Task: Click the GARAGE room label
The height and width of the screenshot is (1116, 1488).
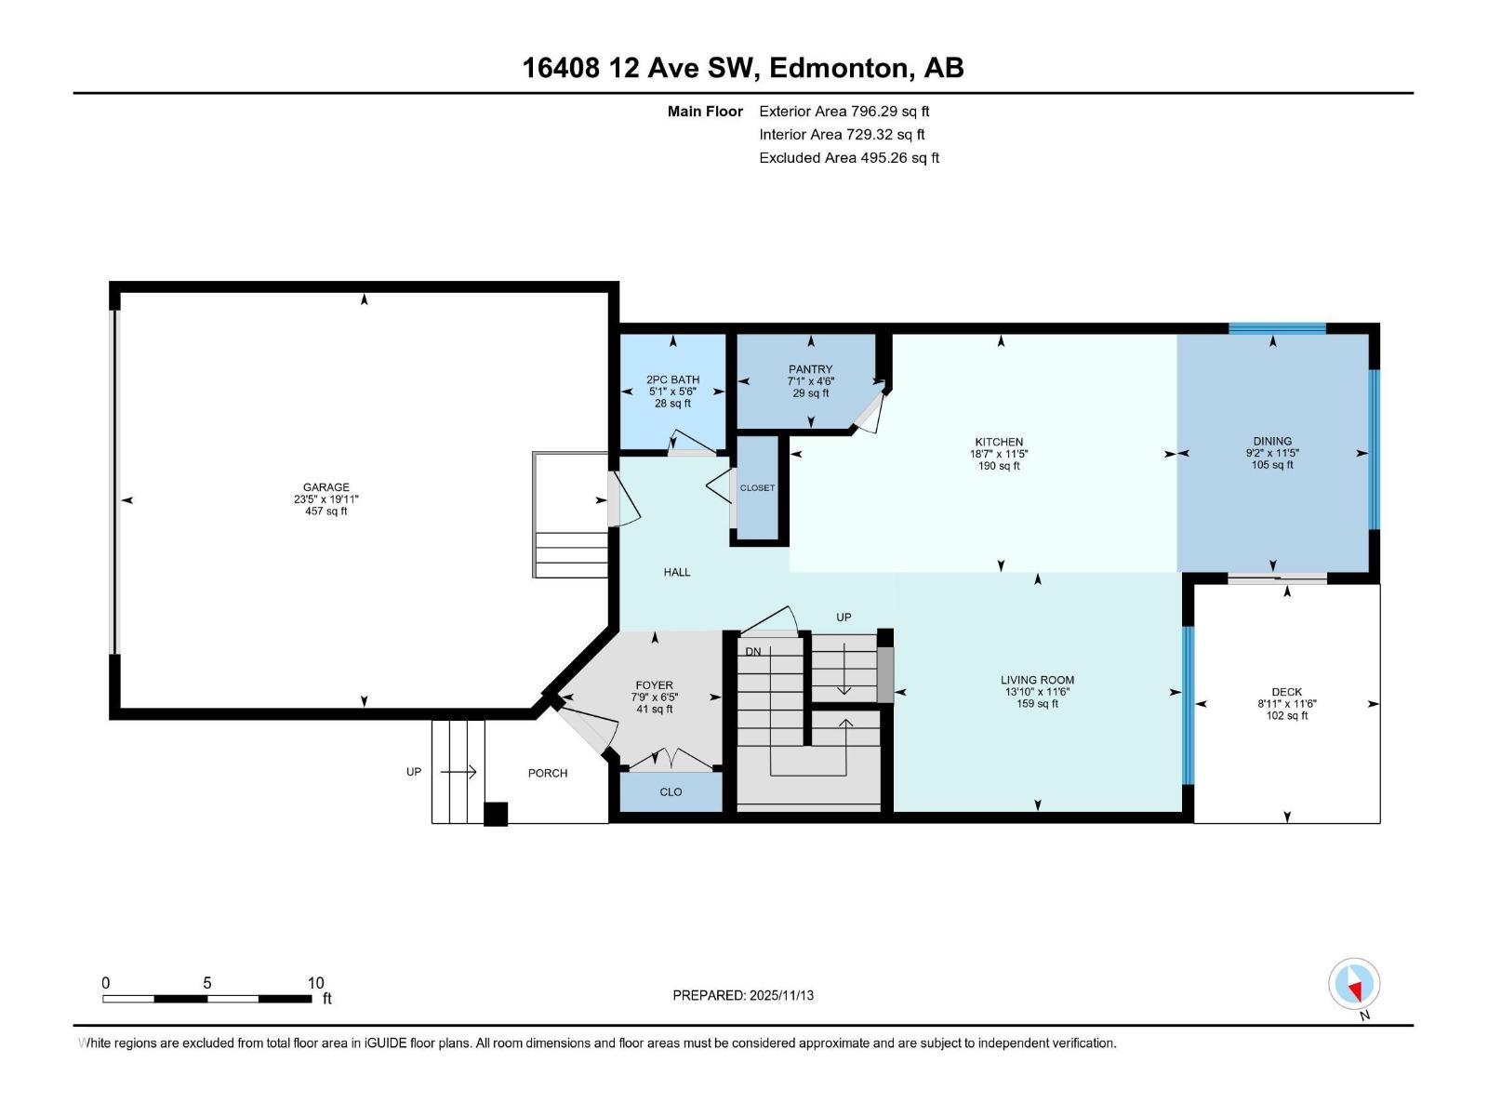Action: [x=325, y=486]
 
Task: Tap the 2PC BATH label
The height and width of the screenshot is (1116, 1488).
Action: [x=672, y=379]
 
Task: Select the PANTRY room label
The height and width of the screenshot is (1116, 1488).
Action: [x=810, y=369]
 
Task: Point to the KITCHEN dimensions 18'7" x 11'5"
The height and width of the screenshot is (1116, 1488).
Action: [x=999, y=454]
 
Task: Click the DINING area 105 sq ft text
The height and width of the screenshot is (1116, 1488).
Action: [x=1271, y=465]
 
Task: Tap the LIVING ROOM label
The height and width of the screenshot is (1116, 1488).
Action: [x=1037, y=680]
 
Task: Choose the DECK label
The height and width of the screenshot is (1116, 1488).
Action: [x=1286, y=692]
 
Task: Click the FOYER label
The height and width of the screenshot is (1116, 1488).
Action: [x=654, y=685]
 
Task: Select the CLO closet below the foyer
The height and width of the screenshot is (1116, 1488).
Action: [x=671, y=792]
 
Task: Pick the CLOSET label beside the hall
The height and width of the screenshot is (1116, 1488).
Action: [x=757, y=488]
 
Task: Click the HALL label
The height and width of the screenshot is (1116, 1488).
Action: [x=677, y=572]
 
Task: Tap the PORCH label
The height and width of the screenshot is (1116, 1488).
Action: [x=547, y=773]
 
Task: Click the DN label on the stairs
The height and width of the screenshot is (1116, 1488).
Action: [x=753, y=651]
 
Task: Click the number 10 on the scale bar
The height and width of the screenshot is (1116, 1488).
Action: [x=316, y=983]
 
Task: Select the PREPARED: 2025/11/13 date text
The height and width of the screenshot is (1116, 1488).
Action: [x=743, y=995]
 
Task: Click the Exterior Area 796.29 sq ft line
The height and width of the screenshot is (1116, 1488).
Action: [x=844, y=111]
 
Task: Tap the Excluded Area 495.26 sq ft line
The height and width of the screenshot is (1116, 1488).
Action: [x=848, y=157]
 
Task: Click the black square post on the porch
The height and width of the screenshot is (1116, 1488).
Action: [x=496, y=814]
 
